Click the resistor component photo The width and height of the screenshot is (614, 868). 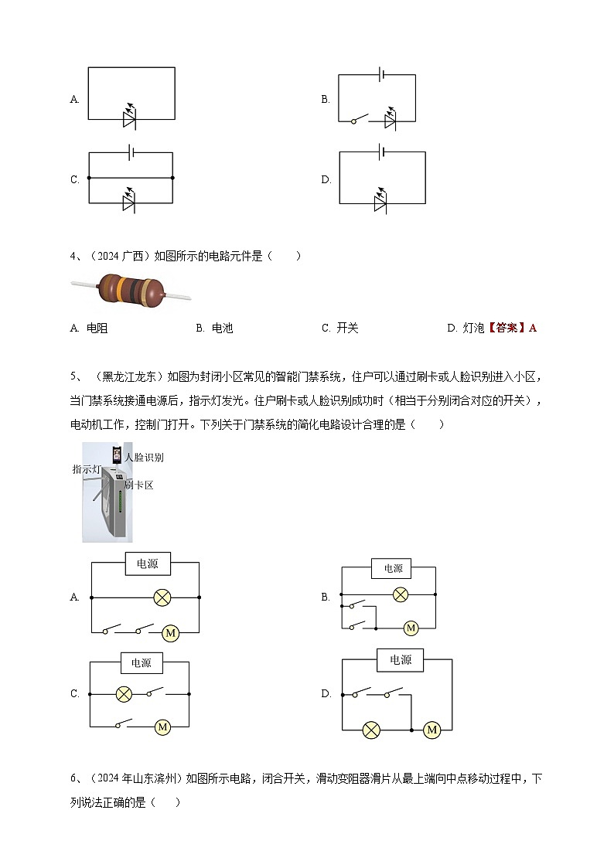pyautogui.click(x=131, y=291)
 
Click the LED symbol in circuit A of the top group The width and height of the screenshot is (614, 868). pyautogui.click(x=130, y=118)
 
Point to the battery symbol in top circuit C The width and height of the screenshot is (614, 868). pyautogui.click(x=131, y=153)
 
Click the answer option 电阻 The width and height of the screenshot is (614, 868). pyautogui.click(x=97, y=328)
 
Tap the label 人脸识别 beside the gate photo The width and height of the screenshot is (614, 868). pyautogui.click(x=144, y=458)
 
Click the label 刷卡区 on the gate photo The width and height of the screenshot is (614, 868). pyautogui.click(x=139, y=485)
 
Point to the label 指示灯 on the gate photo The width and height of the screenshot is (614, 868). pyautogui.click(x=85, y=469)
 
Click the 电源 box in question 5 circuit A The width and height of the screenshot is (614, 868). pyautogui.click(x=147, y=564)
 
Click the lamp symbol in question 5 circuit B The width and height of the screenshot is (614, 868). pyautogui.click(x=400, y=594)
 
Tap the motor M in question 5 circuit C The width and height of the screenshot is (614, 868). pyautogui.click(x=162, y=727)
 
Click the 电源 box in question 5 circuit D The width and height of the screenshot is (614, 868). pyautogui.click(x=400, y=660)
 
